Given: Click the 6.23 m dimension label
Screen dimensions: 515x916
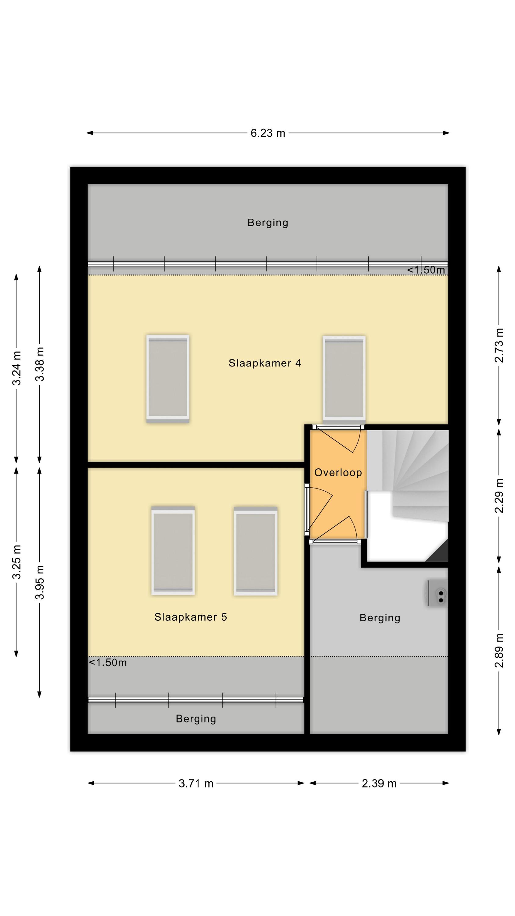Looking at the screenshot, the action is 268,133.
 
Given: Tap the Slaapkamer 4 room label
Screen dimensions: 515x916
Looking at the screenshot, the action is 265,363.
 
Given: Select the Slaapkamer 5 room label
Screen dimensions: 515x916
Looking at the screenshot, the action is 190,617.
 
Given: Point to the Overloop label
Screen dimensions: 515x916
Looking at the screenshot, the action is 338,473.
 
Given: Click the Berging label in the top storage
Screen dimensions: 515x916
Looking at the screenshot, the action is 268,223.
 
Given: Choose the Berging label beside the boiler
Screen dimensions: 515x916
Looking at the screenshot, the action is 380,618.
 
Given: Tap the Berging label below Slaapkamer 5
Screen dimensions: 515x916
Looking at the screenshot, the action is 196,719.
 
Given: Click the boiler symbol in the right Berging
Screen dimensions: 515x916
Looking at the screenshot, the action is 437,593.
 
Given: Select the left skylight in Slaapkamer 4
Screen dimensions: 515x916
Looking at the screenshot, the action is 168,379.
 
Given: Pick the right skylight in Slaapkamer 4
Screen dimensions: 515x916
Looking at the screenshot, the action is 344,378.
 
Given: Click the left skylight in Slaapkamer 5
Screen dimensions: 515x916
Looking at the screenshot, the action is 173,551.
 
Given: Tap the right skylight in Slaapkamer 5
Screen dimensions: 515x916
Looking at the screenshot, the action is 256,551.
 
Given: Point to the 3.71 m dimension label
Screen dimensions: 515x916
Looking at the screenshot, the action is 196,784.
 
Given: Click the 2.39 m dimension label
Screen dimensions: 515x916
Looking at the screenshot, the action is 379,784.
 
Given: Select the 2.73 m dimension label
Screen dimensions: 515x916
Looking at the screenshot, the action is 499,345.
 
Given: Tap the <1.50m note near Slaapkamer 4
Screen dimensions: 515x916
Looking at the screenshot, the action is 426,270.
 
